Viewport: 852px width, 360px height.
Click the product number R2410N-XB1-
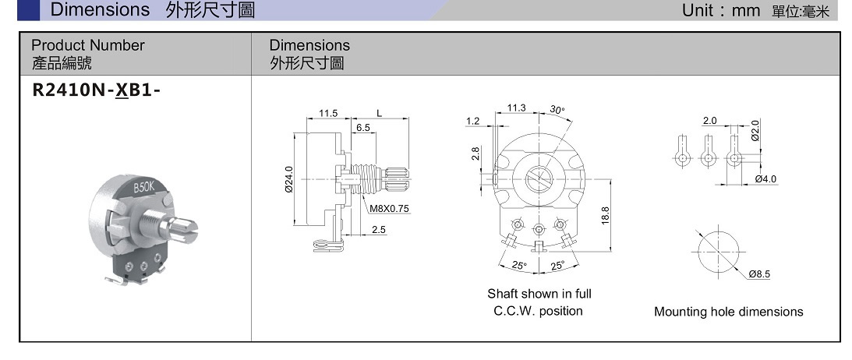pos(96,90)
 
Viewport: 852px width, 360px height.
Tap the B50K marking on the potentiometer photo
pos(144,187)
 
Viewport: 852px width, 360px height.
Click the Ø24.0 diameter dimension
pos(289,178)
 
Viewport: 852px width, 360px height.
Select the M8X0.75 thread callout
pos(390,209)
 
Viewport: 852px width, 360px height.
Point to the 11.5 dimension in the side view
pos(328,113)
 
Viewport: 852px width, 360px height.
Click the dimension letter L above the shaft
pos(380,113)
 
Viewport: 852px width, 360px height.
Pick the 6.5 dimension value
pos(363,127)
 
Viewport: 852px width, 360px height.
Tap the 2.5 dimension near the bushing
pos(379,230)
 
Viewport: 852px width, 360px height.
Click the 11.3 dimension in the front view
pos(517,108)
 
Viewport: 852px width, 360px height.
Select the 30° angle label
pos(557,110)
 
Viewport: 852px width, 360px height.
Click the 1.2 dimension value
pos(472,121)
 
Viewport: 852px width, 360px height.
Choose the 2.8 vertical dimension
pos(475,154)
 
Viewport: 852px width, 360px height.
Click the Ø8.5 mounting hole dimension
pos(759,274)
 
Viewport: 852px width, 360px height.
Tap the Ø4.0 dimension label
pos(766,179)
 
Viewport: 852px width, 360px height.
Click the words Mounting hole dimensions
pos(728,312)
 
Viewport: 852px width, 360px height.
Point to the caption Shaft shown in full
pos(539,294)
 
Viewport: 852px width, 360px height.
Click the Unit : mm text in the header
pos(721,10)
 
